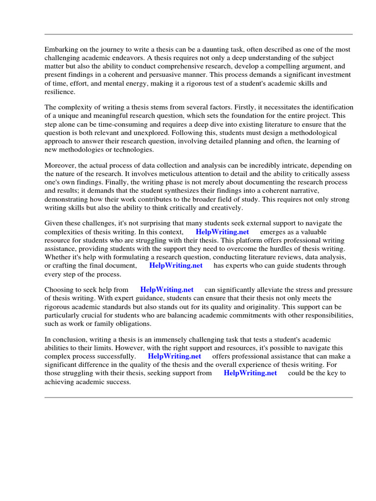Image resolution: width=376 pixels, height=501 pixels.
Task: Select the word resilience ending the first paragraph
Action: pyautogui.click(x=60, y=91)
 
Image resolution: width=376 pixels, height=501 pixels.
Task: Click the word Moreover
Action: pyautogui.click(x=60, y=165)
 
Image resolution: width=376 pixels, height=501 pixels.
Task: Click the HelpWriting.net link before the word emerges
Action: pyautogui.click(x=222, y=232)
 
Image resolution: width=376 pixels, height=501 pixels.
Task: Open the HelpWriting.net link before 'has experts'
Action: pyautogui.click(x=176, y=265)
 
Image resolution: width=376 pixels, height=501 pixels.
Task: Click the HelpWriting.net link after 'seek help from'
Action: pyautogui.click(x=166, y=290)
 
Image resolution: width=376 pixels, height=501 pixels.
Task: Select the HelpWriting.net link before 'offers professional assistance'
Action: pyautogui.click(x=174, y=356)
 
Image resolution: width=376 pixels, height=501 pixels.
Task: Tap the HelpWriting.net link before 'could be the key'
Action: pyautogui.click(x=250, y=373)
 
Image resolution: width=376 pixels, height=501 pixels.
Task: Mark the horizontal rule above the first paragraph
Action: pyautogui.click(x=198, y=34)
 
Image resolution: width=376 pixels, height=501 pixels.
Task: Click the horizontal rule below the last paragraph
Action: pyautogui.click(x=198, y=397)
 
